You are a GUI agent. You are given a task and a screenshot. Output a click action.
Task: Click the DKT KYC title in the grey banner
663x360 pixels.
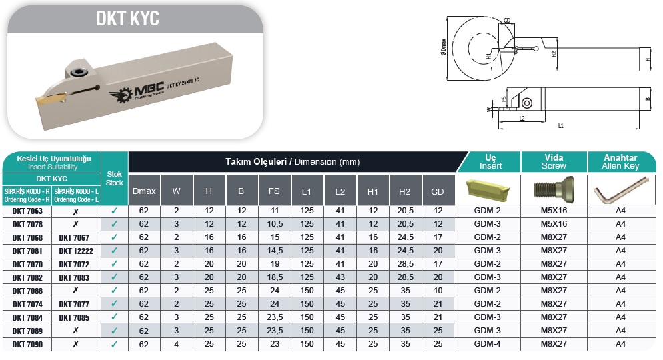(127, 18)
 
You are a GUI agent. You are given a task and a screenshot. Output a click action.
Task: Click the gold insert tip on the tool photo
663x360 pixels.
(50, 99)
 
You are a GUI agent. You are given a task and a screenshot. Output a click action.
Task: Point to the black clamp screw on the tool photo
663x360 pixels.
(79, 73)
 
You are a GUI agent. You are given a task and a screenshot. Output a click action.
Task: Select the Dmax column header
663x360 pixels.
(144, 191)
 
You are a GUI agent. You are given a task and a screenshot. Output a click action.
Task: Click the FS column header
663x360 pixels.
(274, 191)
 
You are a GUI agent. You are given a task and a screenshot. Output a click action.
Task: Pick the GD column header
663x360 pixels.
(437, 191)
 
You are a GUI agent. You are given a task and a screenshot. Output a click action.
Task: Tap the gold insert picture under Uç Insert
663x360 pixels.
(487, 191)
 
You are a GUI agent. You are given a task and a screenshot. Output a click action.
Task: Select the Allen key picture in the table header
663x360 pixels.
(621, 190)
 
